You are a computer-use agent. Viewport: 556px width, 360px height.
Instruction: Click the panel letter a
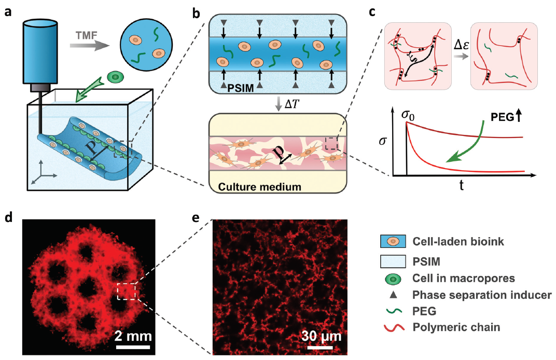[7, 12]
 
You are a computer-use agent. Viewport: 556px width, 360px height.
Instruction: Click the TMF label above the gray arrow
[87, 35]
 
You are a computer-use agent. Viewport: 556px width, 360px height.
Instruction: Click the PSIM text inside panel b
[241, 88]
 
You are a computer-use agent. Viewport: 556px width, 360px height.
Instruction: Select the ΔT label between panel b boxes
[291, 104]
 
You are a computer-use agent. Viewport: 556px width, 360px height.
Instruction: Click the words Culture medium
[259, 187]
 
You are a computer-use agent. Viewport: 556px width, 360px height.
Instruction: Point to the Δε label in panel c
[461, 45]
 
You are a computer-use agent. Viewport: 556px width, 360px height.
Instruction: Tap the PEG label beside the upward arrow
[503, 117]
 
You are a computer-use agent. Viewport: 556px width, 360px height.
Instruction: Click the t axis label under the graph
[461, 185]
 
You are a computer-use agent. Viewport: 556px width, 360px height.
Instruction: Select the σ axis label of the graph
[383, 141]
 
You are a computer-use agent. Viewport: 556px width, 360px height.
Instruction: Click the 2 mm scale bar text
[133, 336]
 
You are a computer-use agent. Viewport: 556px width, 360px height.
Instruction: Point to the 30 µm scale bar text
[321, 336]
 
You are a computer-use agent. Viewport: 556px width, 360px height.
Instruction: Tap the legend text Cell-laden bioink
[458, 242]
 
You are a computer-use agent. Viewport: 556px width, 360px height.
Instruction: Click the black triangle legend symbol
[393, 295]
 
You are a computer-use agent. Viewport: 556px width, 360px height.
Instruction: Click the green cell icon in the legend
[393, 279]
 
